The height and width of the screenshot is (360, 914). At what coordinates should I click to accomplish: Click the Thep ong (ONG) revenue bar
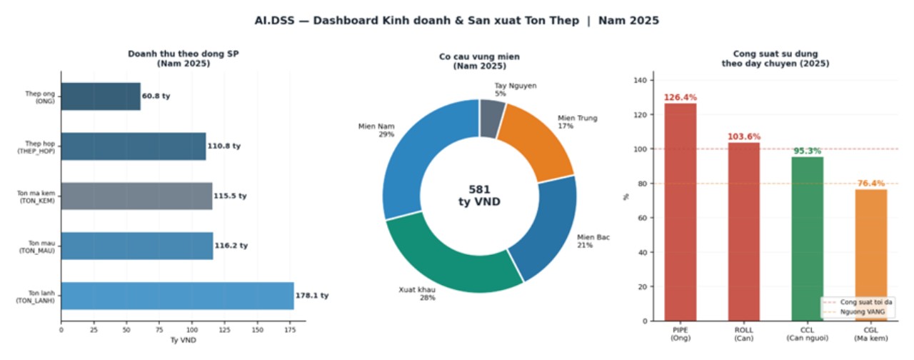[100, 96]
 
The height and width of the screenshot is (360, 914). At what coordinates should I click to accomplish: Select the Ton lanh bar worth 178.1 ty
[177, 296]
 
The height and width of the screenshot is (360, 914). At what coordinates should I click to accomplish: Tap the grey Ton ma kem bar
[136, 196]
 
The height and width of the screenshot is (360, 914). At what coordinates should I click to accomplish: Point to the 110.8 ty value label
[224, 146]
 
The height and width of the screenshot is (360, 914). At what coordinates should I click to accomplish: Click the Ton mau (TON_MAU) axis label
[36, 246]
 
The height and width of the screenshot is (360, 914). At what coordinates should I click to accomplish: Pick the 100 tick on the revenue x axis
[192, 331]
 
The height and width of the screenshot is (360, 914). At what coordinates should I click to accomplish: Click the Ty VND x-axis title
[183, 341]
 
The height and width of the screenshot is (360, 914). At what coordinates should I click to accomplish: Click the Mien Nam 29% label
[376, 130]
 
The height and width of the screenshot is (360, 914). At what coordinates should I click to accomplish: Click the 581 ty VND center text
[479, 196]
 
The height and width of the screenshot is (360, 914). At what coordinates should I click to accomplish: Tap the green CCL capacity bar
[808, 239]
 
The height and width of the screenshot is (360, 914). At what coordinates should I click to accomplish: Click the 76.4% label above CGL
[871, 184]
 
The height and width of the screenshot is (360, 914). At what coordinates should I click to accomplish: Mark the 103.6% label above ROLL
[744, 136]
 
